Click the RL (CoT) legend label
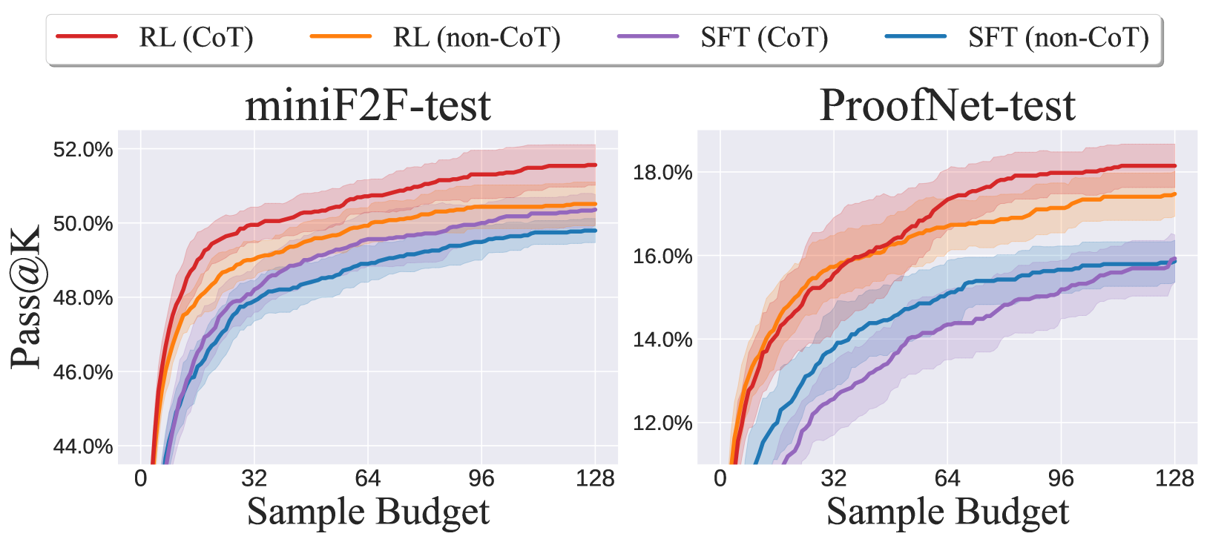click(196, 37)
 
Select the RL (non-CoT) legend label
click(476, 37)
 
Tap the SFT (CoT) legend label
click(764, 37)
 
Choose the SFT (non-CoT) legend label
click(1058, 37)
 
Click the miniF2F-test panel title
click(368, 105)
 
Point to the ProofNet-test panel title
click(947, 105)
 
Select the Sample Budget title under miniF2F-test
click(368, 512)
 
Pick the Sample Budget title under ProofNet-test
click(947, 512)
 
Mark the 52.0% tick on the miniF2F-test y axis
click(83, 150)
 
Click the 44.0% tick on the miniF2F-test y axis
click(83, 446)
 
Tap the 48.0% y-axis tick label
click(83, 298)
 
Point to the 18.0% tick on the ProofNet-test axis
click(662, 173)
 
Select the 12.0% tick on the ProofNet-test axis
click(662, 423)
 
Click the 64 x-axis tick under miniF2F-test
click(368, 478)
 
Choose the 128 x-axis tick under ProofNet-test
click(1174, 478)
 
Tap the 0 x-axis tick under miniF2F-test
click(141, 478)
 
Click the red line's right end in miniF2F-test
click(595, 165)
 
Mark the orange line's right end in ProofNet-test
click(1174, 194)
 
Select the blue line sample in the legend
click(915, 36)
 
